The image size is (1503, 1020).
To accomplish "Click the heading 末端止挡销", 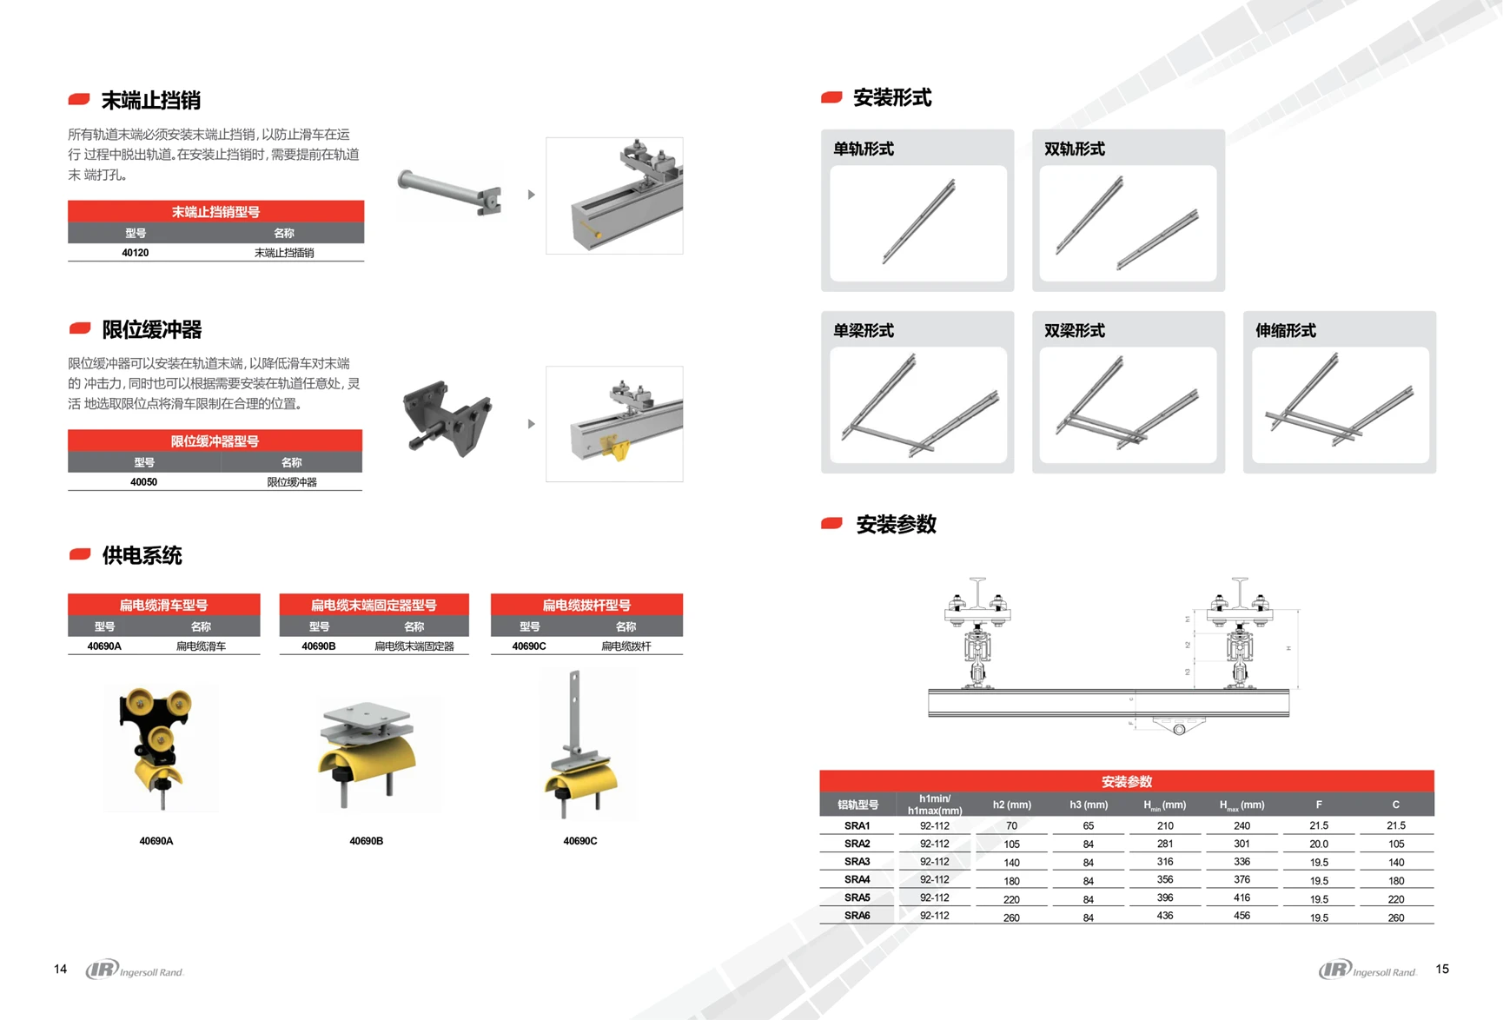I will (x=150, y=101).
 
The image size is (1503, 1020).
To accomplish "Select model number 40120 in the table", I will (x=135, y=253).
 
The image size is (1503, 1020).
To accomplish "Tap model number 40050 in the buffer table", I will (x=143, y=482).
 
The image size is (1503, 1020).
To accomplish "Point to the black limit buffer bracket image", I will (x=447, y=421).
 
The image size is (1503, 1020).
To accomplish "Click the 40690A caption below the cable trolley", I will (x=156, y=841).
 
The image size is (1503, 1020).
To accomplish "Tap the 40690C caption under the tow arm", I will (x=579, y=841).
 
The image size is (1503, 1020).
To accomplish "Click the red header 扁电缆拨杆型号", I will (x=586, y=605).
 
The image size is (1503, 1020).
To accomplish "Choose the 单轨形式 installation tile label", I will (x=864, y=149).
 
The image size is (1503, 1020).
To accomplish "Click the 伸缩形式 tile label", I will (x=1285, y=331).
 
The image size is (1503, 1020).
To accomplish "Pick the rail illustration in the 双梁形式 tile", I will (x=1128, y=404).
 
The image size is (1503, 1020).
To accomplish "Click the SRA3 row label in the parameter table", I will (x=857, y=862).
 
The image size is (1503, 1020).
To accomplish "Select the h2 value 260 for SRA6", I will (x=1011, y=917).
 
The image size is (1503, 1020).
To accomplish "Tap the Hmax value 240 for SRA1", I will (x=1241, y=826).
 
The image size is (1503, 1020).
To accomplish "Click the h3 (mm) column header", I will (x=1088, y=805).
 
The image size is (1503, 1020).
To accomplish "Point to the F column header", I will (x=1318, y=805).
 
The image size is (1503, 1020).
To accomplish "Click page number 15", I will (x=1442, y=969).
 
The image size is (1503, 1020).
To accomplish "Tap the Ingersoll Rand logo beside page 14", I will (x=135, y=970).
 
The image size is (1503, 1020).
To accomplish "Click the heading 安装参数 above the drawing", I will (x=896, y=525).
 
